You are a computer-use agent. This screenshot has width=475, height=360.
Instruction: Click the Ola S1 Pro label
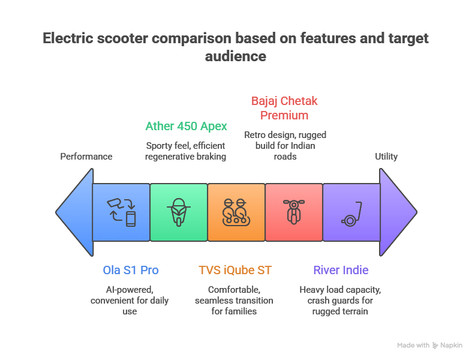pyautogui.click(x=131, y=270)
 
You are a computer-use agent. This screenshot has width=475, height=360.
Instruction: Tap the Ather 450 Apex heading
pyautogui.click(x=186, y=126)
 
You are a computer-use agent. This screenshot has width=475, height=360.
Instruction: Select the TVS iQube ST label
pyautogui.click(x=235, y=270)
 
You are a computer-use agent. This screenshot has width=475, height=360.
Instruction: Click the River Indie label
pyautogui.click(x=341, y=270)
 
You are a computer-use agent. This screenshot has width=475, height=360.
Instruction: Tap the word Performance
pyautogui.click(x=86, y=157)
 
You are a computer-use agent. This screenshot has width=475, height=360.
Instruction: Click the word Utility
pyautogui.click(x=386, y=157)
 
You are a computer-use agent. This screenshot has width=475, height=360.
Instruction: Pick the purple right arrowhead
pyautogui.click(x=398, y=212)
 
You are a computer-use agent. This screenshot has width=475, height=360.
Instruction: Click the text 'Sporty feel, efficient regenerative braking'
pyautogui.click(x=186, y=151)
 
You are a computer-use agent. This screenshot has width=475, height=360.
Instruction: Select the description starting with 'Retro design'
pyautogui.click(x=285, y=145)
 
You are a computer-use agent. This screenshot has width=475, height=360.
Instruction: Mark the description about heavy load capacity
pyautogui.click(x=340, y=300)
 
